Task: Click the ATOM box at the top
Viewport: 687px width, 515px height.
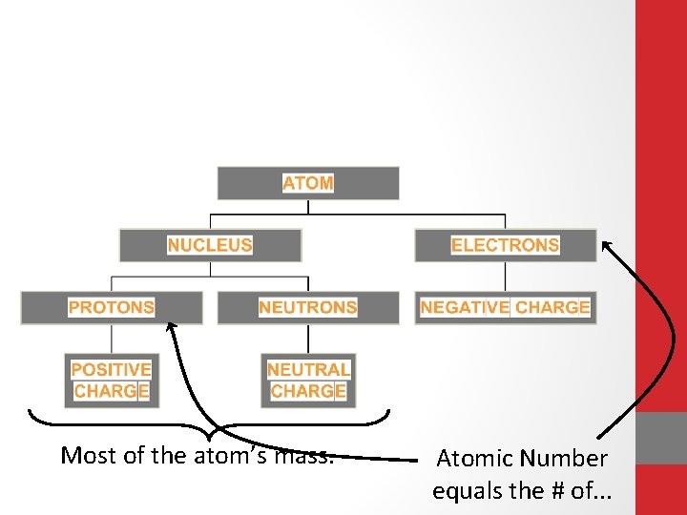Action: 308,183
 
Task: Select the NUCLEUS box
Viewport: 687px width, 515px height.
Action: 210,245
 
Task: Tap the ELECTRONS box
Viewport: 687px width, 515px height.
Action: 505,245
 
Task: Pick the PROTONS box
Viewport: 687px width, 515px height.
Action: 112,307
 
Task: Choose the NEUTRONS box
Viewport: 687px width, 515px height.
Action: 307,307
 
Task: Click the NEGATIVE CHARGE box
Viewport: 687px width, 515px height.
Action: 505,307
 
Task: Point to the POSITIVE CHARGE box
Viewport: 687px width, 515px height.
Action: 112,381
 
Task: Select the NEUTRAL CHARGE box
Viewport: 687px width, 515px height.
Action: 308,381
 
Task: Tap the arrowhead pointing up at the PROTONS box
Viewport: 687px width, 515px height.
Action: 171,327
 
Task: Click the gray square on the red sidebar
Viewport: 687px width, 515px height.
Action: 661,438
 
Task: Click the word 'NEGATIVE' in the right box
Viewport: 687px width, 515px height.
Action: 465,307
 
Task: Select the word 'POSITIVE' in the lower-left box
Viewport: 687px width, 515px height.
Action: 112,369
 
